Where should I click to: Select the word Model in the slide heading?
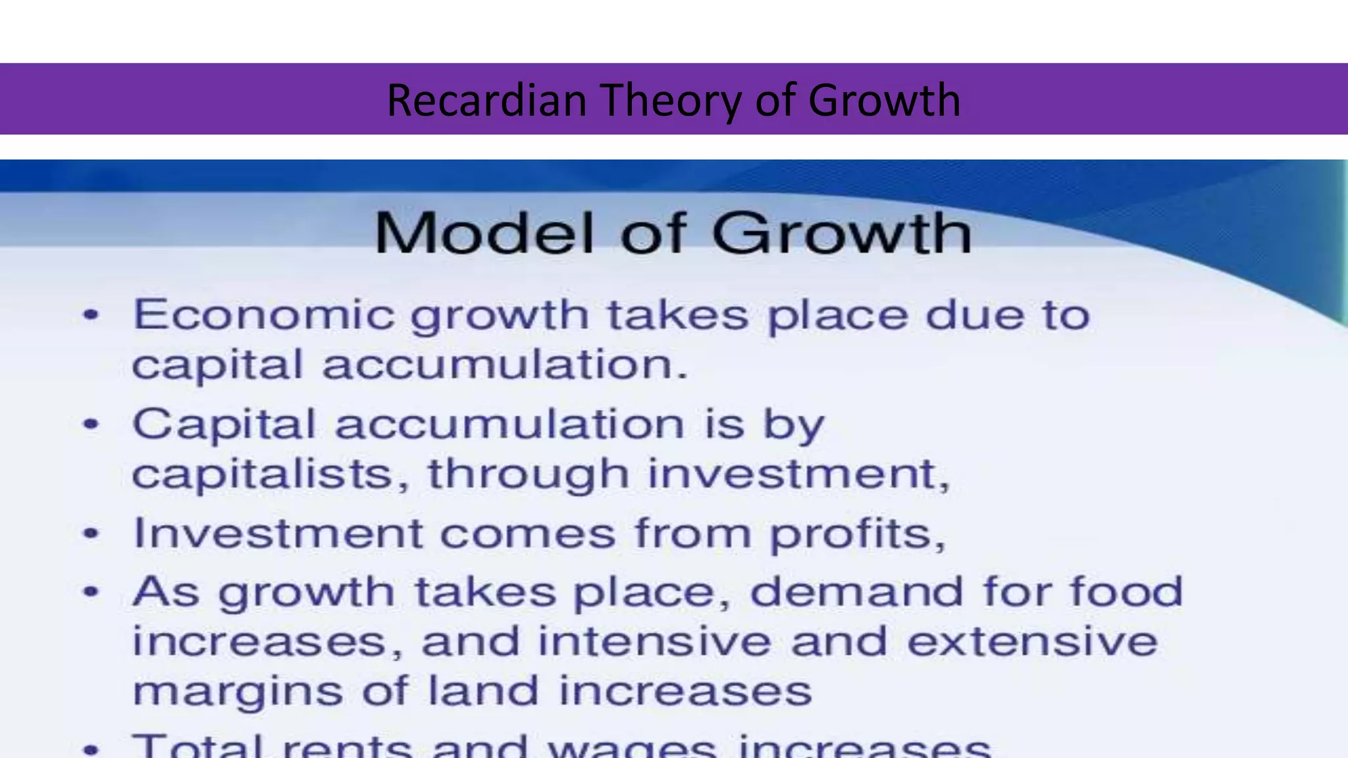(484, 233)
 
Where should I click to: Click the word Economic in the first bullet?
(264, 315)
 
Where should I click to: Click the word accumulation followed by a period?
(505, 365)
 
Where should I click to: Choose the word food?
(1126, 591)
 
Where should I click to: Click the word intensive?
(654, 641)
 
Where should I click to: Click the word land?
(483, 691)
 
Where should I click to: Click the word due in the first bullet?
(975, 315)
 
